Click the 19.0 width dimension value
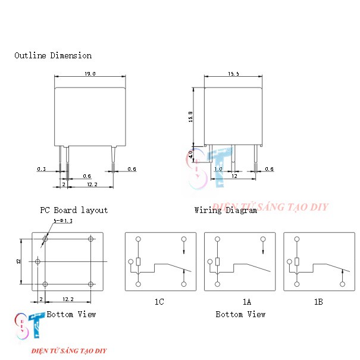tap(90, 74)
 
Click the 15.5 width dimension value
tap(233, 74)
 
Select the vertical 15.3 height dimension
tap(190, 117)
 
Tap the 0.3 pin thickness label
tap(42, 169)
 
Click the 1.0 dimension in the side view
tap(218, 169)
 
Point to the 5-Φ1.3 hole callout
tap(63, 221)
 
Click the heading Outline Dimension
tap(53, 55)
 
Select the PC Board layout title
tap(74, 210)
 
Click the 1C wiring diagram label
tap(159, 302)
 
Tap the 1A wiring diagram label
tap(247, 302)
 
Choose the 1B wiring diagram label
tap(318, 302)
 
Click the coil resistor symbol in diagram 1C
tap(138, 261)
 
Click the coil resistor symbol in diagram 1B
tap(297, 261)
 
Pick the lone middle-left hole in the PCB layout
tap(37, 261)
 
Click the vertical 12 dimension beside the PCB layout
tap(18, 261)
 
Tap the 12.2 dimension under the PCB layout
tap(68, 299)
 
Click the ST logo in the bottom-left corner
tap(30, 325)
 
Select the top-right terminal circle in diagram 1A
tap(263, 239)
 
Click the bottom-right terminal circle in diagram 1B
tap(343, 284)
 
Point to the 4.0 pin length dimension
tap(190, 154)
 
